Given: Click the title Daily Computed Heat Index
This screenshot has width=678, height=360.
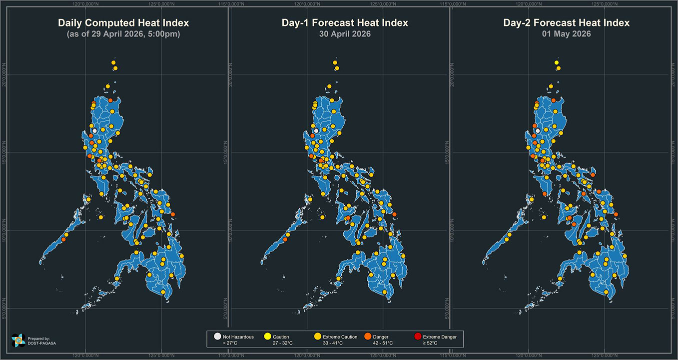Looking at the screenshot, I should [123, 23].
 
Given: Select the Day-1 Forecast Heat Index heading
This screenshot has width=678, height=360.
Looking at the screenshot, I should [344, 23].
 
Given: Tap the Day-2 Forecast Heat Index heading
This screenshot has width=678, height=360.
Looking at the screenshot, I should [566, 23].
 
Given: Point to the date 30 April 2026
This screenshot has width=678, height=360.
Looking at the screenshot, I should [344, 34].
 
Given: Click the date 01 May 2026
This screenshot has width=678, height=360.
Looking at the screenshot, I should [566, 34].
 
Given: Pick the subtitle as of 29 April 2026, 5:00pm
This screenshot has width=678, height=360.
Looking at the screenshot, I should [123, 34].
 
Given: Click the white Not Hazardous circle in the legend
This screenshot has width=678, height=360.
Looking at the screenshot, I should [217, 337].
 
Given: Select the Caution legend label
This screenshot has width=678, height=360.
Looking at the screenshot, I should [281, 337].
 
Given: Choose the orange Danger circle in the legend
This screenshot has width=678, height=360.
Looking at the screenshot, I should [367, 337].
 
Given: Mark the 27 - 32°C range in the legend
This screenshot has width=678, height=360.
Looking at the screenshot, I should [283, 343].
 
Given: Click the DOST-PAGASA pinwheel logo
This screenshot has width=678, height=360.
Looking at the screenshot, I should [18, 340].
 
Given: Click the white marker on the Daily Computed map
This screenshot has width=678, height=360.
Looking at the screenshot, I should [94, 130].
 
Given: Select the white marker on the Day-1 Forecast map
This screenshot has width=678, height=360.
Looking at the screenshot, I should [316, 130].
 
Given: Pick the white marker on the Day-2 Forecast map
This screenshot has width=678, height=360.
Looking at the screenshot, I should [538, 130].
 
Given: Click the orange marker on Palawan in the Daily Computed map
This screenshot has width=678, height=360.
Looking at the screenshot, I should [63, 239].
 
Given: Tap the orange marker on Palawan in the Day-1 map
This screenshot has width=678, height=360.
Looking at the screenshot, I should [285, 239].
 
